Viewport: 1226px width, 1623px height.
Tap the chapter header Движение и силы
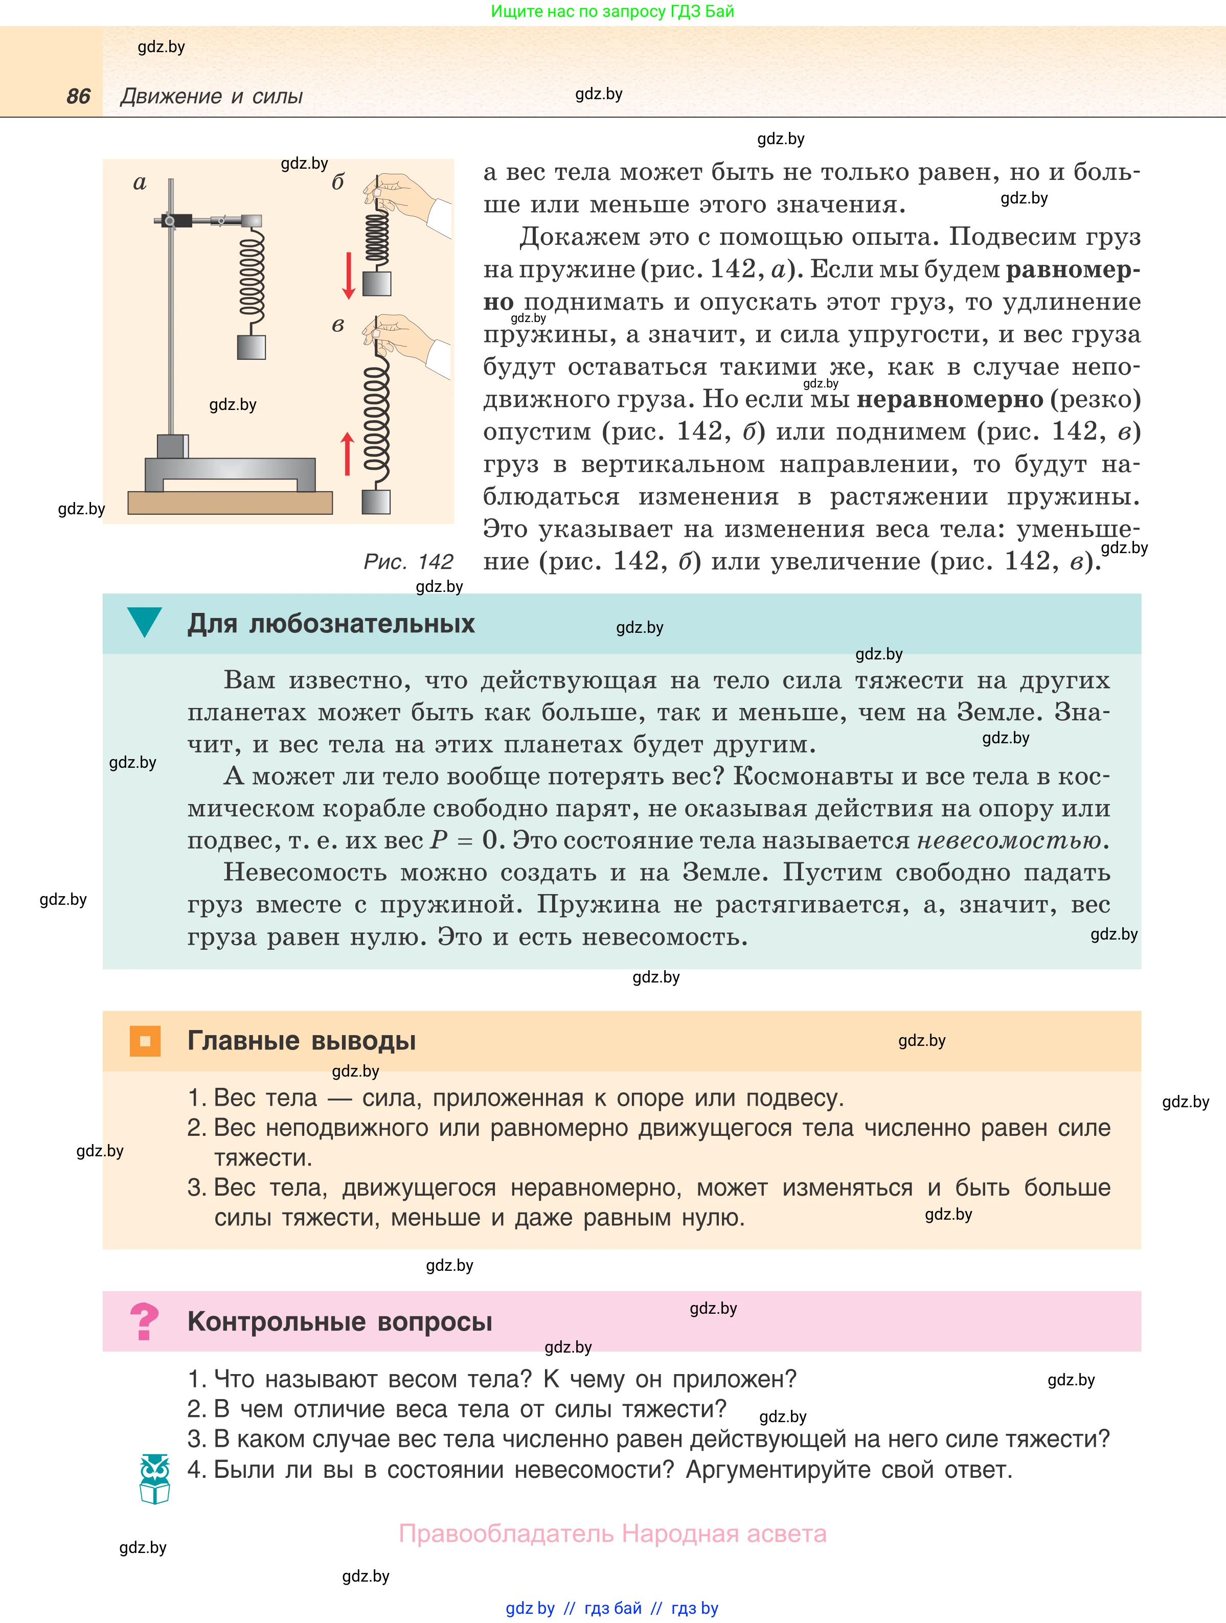coord(211,96)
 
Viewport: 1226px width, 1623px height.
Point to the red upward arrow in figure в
coord(348,453)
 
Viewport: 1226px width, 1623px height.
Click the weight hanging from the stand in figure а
coord(252,347)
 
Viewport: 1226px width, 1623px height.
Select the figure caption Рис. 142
coord(408,562)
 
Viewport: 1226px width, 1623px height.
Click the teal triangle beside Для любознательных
coord(145,621)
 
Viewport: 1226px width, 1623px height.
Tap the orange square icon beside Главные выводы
coord(145,1040)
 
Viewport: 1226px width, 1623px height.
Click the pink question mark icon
coord(144,1321)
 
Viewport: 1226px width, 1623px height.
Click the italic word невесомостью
coord(1009,840)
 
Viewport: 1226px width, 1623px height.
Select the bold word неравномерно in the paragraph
coord(949,399)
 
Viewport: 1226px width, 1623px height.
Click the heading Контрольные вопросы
coord(339,1321)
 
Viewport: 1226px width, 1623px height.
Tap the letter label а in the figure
coord(140,184)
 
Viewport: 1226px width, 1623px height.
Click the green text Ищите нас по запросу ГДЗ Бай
coord(612,11)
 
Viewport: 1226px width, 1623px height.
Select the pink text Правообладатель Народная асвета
coord(612,1534)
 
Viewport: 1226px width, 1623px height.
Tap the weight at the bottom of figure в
coord(376,502)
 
